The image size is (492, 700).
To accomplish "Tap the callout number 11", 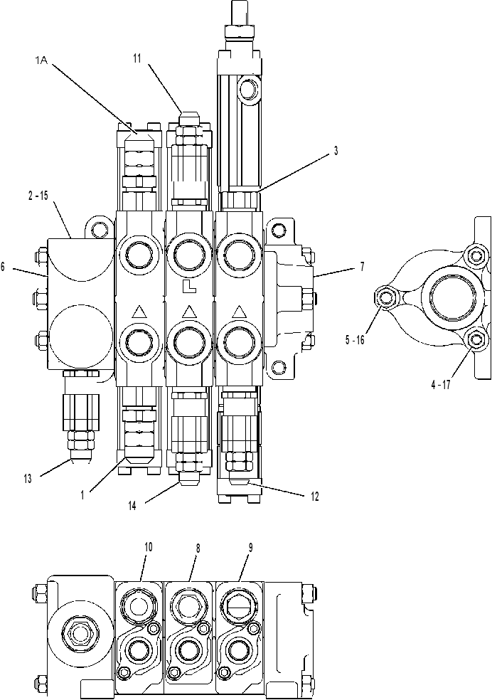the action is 137,58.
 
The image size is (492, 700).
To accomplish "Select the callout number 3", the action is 336,151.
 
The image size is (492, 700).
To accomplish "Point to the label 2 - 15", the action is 38,196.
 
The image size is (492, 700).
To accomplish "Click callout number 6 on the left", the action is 3,267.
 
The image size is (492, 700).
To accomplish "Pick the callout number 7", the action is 362,267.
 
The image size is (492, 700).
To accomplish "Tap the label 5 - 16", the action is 355,340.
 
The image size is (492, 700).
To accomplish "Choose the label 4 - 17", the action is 441,385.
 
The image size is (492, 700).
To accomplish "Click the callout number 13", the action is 28,479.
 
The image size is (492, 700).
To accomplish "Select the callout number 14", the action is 132,505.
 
